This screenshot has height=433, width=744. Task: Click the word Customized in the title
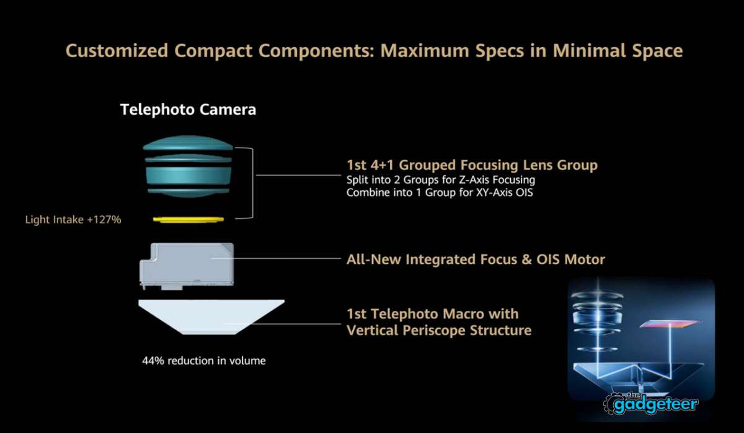tap(117, 51)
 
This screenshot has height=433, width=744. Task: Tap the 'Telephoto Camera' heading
tap(188, 110)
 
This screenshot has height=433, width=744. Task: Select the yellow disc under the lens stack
tap(188, 220)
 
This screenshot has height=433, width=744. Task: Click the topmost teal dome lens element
tap(188, 143)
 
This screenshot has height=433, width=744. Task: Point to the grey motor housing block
tap(187, 266)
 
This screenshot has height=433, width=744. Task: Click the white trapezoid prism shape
tap(211, 317)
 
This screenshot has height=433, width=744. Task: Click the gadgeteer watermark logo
tap(650, 403)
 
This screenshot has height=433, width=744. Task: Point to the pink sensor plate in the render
tap(670, 324)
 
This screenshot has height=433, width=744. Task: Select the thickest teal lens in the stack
tap(188, 175)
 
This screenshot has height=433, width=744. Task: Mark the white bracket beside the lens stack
tap(252, 183)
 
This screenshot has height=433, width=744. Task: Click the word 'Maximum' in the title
tap(425, 51)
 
